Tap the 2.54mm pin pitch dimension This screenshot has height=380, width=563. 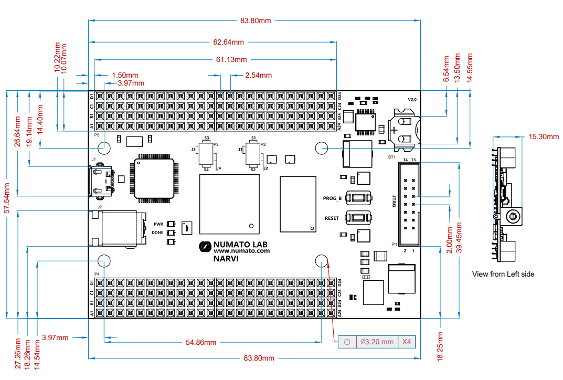pos(258,75)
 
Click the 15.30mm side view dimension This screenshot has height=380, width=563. pos(544,136)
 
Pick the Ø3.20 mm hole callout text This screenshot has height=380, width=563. pos(377,342)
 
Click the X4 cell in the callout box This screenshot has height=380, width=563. pos(407,342)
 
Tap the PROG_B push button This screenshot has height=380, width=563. pos(359,198)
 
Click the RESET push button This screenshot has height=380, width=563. pos(359,218)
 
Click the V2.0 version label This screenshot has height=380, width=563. pos(412,99)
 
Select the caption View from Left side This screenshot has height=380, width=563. pos(503,274)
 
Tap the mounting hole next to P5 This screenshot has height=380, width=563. pos(103,148)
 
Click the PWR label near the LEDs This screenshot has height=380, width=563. pos(158,224)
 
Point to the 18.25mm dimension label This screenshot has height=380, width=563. pos(440,346)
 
